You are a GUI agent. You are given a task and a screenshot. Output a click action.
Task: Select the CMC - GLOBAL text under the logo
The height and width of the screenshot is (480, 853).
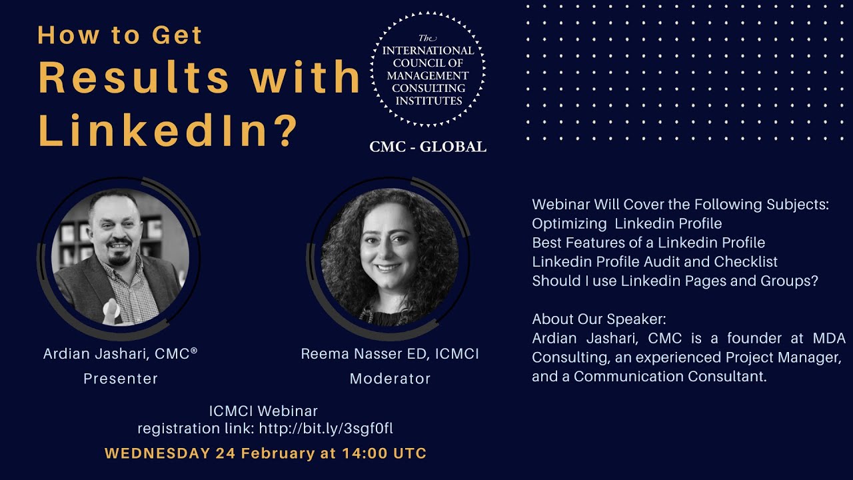428,147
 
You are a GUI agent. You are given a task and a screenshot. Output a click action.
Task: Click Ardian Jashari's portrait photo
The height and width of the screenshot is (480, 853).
120,257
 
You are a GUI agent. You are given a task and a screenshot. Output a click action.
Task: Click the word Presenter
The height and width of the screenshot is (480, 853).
121,379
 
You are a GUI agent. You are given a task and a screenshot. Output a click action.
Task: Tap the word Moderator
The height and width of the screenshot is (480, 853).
390,379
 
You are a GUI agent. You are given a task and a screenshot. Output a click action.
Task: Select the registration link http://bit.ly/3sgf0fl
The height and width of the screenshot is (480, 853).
331,428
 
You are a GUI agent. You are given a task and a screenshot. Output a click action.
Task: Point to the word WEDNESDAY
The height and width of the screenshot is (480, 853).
157,453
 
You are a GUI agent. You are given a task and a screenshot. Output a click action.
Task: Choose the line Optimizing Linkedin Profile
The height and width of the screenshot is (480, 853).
626,223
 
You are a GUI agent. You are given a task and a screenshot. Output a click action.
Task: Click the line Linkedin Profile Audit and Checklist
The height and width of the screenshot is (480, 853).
654,262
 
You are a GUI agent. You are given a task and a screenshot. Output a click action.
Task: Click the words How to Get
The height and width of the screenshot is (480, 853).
120,35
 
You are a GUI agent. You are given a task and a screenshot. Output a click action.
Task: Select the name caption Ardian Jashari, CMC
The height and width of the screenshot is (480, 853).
120,354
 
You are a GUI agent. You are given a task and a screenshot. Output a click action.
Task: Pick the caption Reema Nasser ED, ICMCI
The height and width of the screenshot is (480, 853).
390,354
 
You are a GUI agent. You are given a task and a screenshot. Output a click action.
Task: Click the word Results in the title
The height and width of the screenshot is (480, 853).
134,77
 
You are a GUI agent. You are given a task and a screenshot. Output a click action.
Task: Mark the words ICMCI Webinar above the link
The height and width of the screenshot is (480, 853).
263,411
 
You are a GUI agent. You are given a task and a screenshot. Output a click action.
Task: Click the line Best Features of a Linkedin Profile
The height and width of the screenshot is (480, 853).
648,243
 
